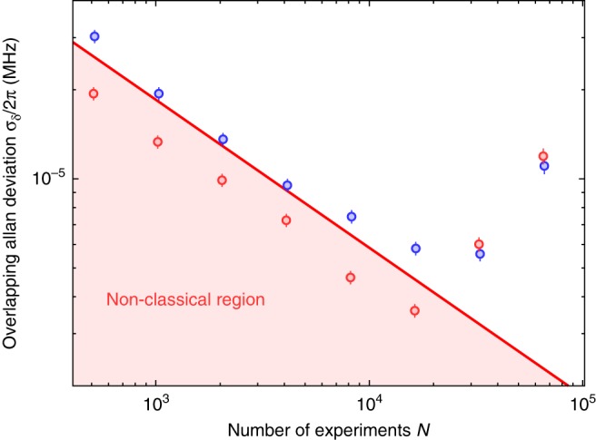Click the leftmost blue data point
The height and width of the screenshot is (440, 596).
coord(94,36)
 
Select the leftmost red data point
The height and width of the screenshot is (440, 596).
coord(94,93)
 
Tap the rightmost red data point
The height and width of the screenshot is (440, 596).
coord(543,156)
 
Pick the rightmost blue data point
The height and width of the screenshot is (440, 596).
coord(544,166)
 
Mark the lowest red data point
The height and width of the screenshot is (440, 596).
coord(414,310)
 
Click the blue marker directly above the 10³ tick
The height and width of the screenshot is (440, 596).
coord(159,93)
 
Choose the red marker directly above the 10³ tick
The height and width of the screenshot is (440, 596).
coord(158,142)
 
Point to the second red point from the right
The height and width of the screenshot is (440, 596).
coord(479,244)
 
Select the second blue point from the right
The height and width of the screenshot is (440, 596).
coord(480,254)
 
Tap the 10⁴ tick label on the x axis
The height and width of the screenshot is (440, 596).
coord(368,402)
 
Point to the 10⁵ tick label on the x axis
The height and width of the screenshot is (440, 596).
coord(580,402)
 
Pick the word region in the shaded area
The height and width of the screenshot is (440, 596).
coord(243,298)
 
